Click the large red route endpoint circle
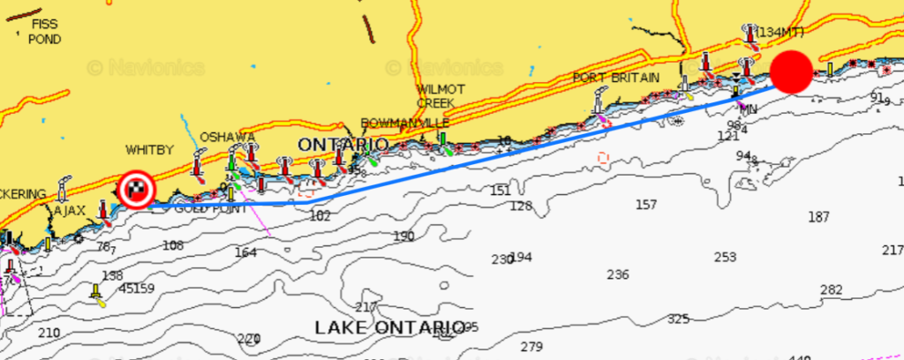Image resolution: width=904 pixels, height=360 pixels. point(792,71)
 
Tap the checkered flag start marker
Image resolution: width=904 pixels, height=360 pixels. point(136,188)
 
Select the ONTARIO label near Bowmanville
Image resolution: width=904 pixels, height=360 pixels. point(343,144)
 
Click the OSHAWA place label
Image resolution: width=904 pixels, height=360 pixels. point(227,137)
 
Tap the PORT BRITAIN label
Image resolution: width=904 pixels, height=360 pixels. point(616,78)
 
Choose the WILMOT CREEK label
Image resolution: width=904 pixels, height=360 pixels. point(435,96)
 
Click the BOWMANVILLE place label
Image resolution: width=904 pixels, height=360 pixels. point(405,123)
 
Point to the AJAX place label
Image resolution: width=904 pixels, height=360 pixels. point(70,212)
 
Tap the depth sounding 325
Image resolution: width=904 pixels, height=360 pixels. point(678,319)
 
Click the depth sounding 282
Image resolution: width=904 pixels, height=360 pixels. point(831,289)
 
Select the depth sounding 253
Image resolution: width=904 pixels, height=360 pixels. point(725,257)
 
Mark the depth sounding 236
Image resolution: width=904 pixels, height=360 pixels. point(618,274)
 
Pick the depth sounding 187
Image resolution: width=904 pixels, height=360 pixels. point(819,217)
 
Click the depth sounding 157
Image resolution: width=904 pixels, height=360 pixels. point(646,205)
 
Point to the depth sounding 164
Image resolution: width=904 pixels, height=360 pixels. point(245,252)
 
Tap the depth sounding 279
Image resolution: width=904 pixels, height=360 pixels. point(531,347)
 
